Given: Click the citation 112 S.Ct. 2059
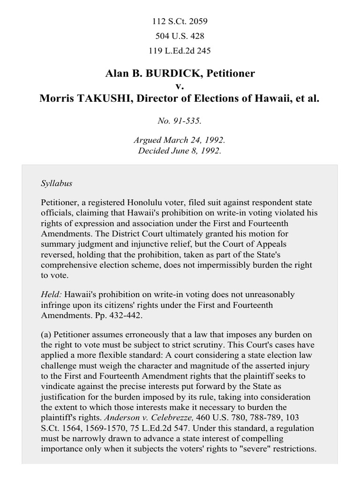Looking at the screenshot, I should pos(180,21).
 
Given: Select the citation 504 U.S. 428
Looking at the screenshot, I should pos(180,36).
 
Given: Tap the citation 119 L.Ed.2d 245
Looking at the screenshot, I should pos(180,51).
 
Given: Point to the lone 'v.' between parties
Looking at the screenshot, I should pos(180,86).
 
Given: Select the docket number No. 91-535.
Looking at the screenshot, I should pos(180,120).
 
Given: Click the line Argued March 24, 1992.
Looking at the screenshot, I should pos(180,140).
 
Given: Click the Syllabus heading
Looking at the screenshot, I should pos(56,183).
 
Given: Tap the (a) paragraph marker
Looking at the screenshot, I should pos(46,335).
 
